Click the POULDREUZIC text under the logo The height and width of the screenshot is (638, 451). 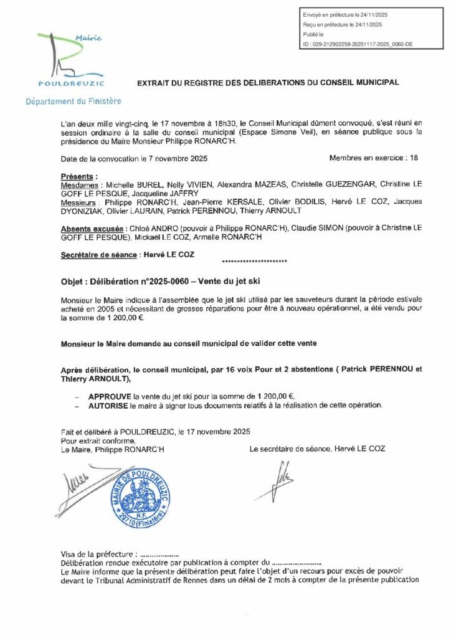(72, 83)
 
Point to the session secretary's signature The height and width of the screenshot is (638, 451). (282, 479)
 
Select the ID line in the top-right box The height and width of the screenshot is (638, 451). (357, 45)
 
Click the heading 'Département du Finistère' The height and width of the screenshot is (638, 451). (74, 101)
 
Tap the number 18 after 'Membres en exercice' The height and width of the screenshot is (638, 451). (413, 158)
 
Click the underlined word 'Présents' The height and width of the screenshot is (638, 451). (78, 176)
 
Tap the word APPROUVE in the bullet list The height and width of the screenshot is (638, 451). (110, 396)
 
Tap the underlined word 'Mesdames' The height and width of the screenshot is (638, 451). (82, 186)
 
